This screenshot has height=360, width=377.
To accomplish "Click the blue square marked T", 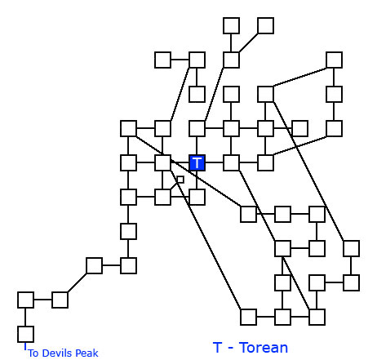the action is tap(197, 162).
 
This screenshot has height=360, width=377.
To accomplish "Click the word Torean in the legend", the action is tap(264, 348).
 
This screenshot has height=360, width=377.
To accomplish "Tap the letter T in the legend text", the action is tap(217, 348).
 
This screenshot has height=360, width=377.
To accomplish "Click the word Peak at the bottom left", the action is tap(86, 353).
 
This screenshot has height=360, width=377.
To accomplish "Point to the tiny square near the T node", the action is tap(180, 180).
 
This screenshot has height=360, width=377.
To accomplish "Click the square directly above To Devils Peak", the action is tap(25, 334).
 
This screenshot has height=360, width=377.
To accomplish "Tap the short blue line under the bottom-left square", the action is tap(25, 346).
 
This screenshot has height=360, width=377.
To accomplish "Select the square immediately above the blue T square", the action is tap(197, 128).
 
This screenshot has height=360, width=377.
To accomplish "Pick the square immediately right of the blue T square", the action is tap(231, 162).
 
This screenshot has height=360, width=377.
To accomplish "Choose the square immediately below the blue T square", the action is tap(197, 197).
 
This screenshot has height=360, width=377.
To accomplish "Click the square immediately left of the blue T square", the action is tap(162, 162).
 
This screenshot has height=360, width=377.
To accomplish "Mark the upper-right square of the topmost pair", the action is tap(265, 25).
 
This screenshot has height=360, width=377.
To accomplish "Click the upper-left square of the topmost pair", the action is tap(231, 25).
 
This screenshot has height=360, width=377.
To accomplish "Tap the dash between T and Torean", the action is tap(231, 349).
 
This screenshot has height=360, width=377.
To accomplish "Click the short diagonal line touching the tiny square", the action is tap(174, 185).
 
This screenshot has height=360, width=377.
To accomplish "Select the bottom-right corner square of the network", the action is tap(317, 317).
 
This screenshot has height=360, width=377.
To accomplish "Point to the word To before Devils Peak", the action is tap(33, 353).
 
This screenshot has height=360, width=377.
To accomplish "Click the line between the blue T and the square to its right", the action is tap(214, 162).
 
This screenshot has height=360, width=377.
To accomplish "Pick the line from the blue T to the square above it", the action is tap(197, 145).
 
